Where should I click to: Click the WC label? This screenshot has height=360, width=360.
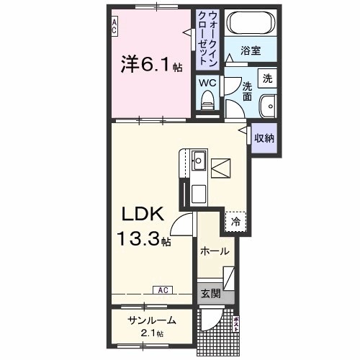click(x=207, y=83)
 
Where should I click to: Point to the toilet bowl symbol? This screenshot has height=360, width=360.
click(x=207, y=103)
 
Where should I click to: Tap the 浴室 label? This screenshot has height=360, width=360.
click(x=250, y=52)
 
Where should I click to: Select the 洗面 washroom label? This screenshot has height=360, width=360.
click(x=247, y=91)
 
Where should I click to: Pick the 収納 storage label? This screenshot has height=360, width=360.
click(x=264, y=137)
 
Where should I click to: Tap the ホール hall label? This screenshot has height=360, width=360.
click(x=215, y=251)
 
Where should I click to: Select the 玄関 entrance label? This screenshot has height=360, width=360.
click(x=210, y=293)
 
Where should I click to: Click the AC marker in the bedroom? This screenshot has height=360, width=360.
click(x=114, y=27)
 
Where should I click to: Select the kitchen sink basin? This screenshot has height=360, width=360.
click(x=199, y=160)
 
